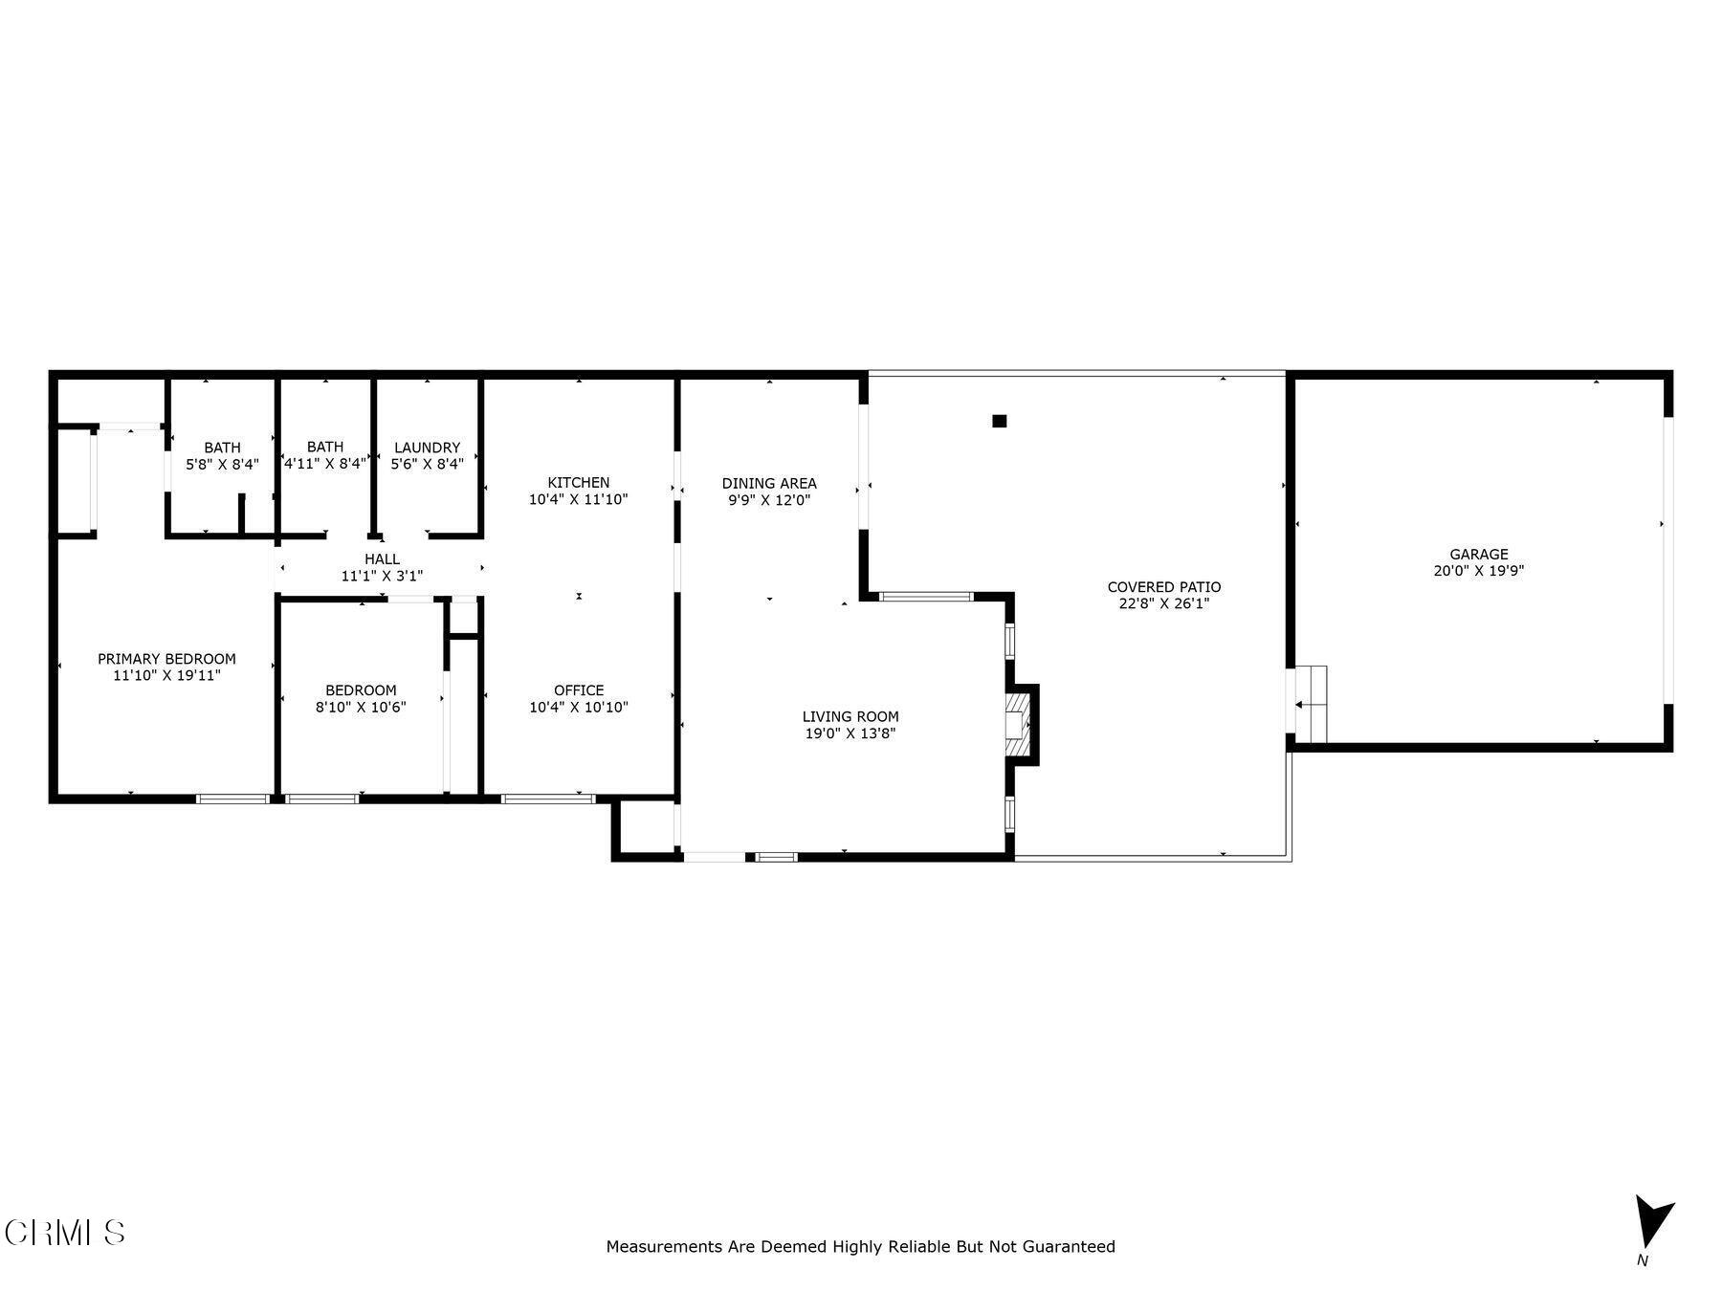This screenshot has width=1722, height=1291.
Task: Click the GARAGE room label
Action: tap(1478, 554)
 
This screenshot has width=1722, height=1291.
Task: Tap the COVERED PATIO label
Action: tap(1163, 587)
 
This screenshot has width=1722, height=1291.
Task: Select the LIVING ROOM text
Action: tap(850, 716)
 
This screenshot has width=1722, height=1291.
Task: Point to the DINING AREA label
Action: tap(769, 483)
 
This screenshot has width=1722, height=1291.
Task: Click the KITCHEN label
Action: tap(578, 482)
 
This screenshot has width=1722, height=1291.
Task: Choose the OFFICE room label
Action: tap(578, 690)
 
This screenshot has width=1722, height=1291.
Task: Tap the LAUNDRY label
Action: tap(427, 448)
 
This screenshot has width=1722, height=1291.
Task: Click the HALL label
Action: tap(382, 559)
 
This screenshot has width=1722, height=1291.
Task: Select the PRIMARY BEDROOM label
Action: tap(166, 659)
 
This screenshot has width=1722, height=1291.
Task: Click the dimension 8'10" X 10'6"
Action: tap(361, 708)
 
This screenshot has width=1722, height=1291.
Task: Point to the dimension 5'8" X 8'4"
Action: tap(222, 465)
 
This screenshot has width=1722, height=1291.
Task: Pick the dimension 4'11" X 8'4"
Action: tap(325, 464)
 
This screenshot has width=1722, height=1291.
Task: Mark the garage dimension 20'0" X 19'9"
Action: tap(1478, 571)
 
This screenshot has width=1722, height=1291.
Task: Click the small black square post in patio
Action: tap(1000, 421)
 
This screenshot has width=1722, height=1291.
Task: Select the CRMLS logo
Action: tap(65, 1233)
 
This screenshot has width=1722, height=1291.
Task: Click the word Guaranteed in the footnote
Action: tap(1069, 1247)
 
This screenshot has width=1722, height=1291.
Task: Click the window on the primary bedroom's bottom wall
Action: tap(232, 799)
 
